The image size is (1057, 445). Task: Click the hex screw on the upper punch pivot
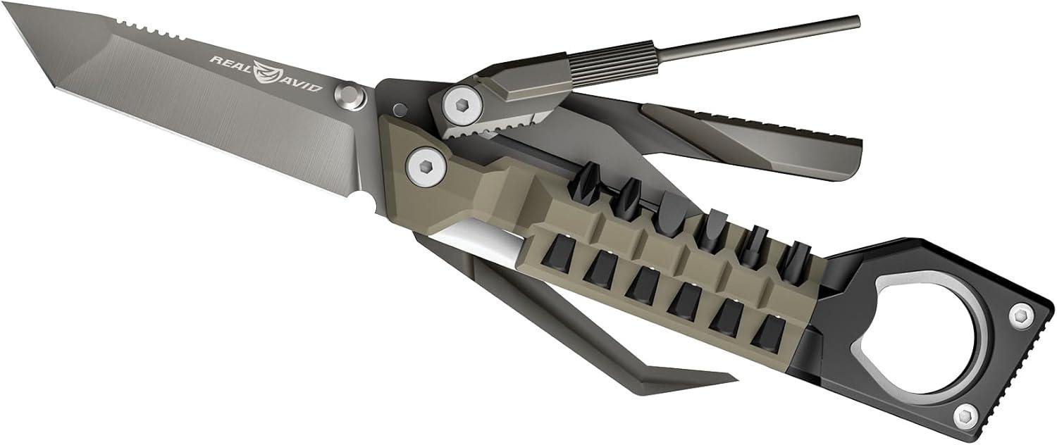point(459,104)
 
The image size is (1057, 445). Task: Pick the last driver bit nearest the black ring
point(798,258)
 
